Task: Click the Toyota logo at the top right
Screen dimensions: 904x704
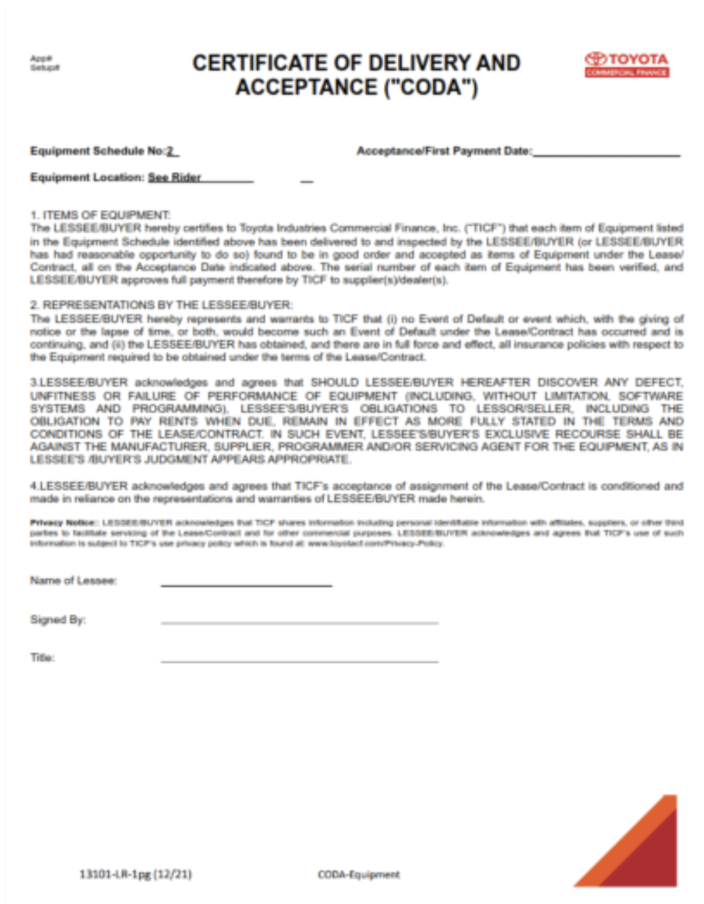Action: pos(627,64)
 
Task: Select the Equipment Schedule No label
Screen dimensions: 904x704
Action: pos(97,151)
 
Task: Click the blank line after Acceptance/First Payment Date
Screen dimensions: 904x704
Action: pos(605,153)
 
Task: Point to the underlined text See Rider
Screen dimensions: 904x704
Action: pos(174,178)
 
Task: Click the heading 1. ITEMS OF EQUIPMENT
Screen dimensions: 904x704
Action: pos(100,215)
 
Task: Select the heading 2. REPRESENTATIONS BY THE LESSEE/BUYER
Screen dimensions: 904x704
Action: pos(161,305)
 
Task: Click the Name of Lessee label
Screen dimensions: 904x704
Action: pos(73,580)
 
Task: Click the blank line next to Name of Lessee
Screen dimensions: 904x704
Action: pos(246,584)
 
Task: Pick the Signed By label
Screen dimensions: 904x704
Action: pos(58,619)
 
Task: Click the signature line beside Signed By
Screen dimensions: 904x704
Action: pos(299,621)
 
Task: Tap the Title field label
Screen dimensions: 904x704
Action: pos(42,658)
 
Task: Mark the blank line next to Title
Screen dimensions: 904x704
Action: pos(299,660)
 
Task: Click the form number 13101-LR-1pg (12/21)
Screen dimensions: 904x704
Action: pos(135,874)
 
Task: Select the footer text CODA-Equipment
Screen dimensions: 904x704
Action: pos(358,875)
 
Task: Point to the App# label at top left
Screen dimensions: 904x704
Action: pos(41,58)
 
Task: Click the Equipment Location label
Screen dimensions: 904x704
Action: pos(87,178)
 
